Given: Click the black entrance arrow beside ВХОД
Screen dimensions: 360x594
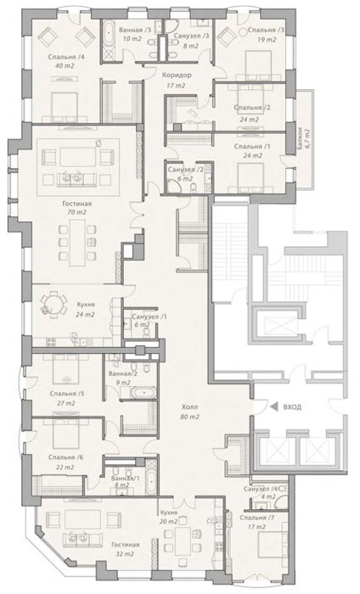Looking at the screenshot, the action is pos(273,406).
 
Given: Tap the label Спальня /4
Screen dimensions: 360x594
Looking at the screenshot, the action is pos(66,57).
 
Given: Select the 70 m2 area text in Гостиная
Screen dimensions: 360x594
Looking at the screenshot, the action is pos(77,212).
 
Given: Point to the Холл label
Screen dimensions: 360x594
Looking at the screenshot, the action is pos(190,407).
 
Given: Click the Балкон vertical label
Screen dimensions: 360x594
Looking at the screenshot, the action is pos(300,139).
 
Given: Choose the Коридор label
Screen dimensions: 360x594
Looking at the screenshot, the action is pos(177,75).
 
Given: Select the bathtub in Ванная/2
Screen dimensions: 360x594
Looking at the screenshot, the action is pos(143,392).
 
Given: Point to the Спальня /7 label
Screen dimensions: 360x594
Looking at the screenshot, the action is pos(257,518).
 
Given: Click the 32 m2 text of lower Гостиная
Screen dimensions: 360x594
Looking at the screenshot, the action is pos(126,554).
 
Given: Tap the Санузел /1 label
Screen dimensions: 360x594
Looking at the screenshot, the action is pos(149,317).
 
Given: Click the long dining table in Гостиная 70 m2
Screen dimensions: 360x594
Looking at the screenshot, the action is pos(77,242).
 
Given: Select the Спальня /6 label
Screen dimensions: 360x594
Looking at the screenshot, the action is pos(65,457).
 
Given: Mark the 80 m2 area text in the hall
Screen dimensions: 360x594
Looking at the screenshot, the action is pos(190,417).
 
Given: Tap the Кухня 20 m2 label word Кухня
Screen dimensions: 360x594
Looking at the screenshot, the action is pos(169,513).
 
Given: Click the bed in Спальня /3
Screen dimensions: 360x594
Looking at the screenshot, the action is pos(257,65).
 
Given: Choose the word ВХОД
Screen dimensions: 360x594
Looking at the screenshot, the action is pos(292,406).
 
